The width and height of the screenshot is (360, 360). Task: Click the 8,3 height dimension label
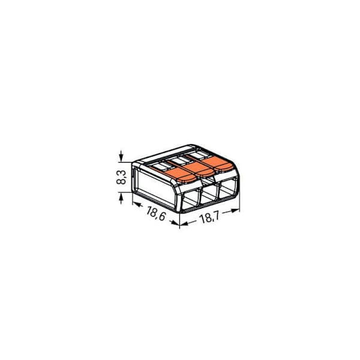click(121, 177)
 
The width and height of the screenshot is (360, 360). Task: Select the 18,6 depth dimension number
click(156, 214)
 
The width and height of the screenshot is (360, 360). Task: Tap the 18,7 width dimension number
click(210, 217)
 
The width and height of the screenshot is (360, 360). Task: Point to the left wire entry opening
click(190, 199)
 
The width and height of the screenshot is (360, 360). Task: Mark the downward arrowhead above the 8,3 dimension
click(121, 157)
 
